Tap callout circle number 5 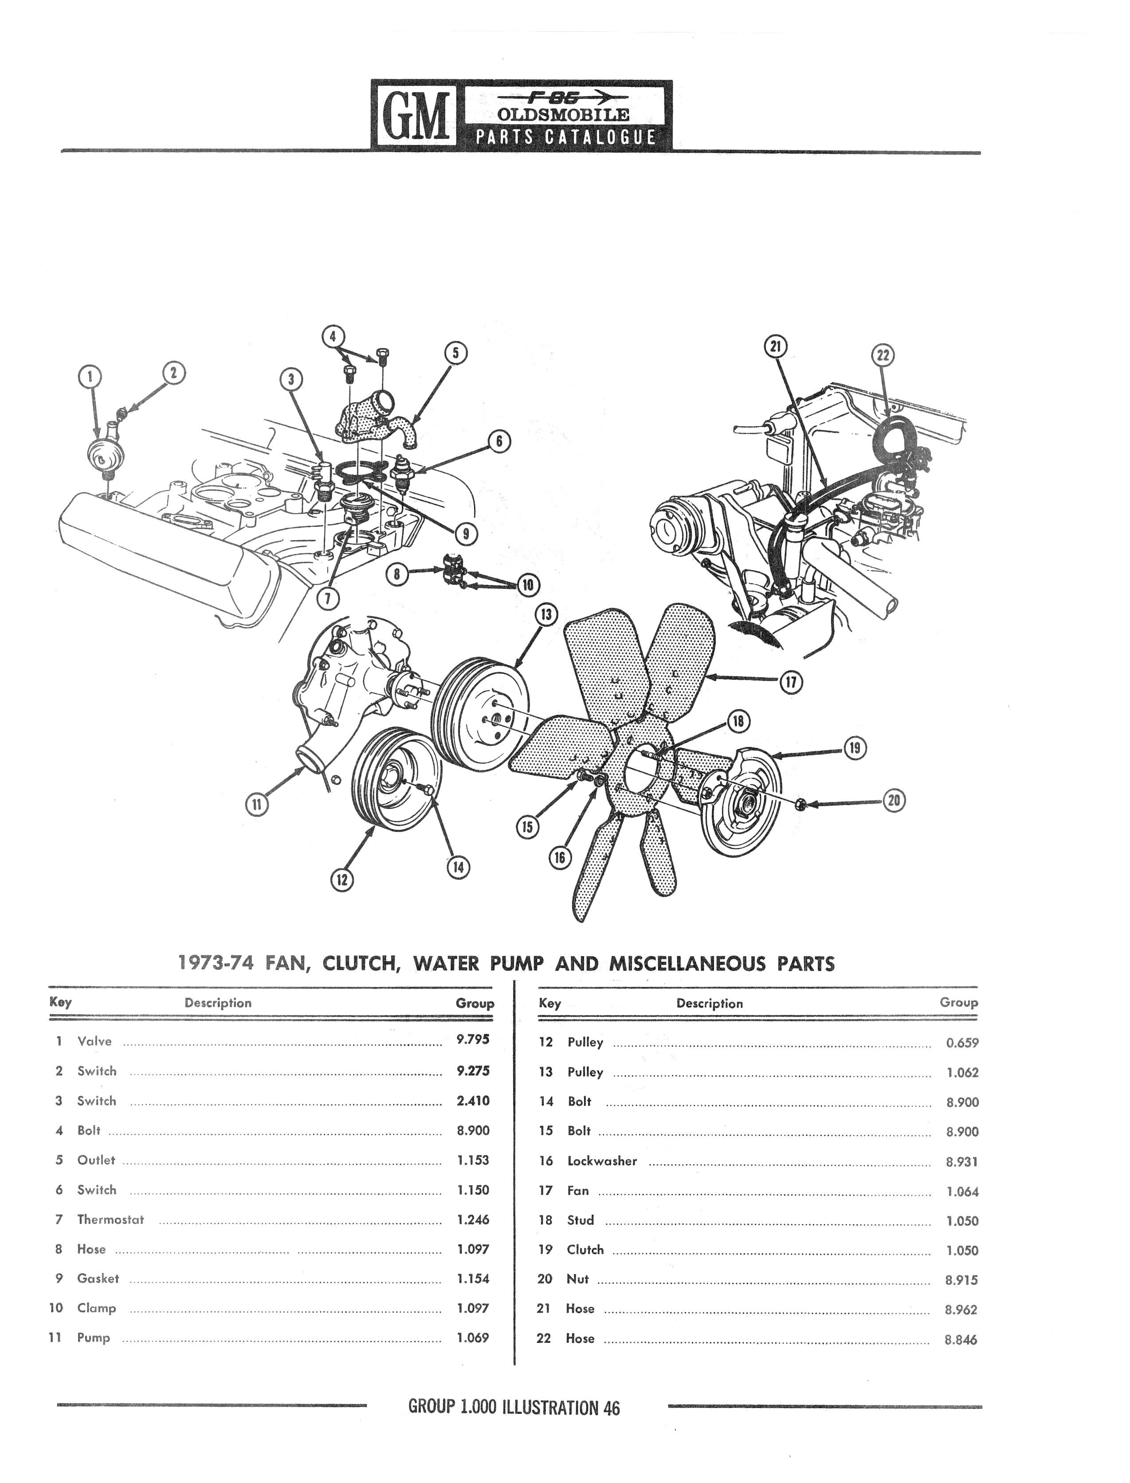455,353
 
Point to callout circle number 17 791,683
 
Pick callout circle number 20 894,800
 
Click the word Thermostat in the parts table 110,1220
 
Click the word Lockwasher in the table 602,1161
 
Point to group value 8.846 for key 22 961,1339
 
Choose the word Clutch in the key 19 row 585,1250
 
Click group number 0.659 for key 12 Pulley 962,1043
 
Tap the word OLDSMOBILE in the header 564,114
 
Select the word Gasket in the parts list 98,1279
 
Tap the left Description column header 218,1003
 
